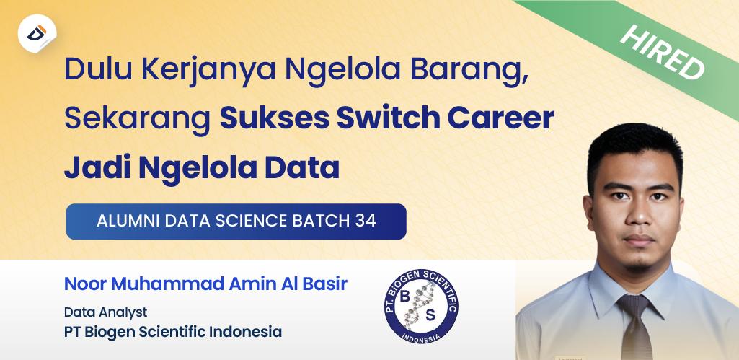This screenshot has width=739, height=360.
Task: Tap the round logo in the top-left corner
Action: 37,33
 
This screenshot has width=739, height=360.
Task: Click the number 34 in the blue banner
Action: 366,221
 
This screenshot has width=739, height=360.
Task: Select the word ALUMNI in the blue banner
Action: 128,221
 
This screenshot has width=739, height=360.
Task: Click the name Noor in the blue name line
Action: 84,284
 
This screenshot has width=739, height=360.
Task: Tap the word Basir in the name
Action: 327,284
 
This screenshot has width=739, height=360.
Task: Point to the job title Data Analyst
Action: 105,312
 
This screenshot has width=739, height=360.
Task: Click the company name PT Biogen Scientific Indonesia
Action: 172,332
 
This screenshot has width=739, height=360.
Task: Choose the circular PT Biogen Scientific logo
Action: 421,304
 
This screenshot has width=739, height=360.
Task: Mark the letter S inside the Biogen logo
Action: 431,315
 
